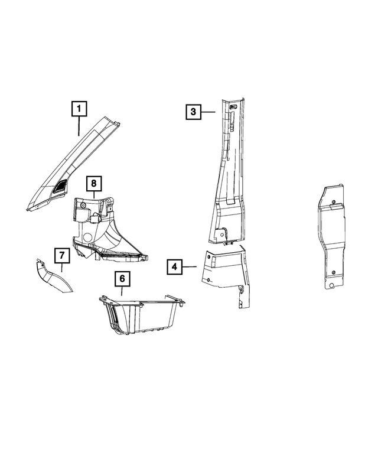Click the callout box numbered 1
pos(79,109)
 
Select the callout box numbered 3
pos(193,112)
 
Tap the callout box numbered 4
pos(174,266)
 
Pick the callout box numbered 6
pos(122,278)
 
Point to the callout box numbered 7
pos(62,255)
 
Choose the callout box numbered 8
pos(94,184)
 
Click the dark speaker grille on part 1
pos(61,186)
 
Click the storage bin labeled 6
pos(142,315)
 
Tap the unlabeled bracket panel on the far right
pos(331,236)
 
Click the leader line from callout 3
pos(208,112)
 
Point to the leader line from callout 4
pos(189,266)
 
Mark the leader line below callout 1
pos(79,126)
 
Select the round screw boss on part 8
pos(83,205)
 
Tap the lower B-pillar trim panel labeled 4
pos(226,274)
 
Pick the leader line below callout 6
pos(122,291)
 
